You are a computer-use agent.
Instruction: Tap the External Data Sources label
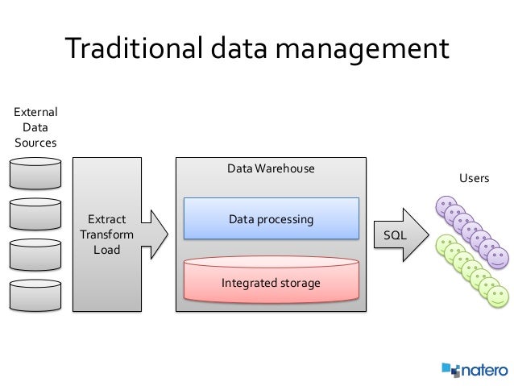(x=35, y=127)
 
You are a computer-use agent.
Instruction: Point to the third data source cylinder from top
(x=35, y=253)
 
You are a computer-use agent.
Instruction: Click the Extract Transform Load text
(x=106, y=235)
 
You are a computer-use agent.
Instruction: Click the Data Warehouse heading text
(x=270, y=169)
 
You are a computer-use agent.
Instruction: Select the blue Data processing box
(x=271, y=219)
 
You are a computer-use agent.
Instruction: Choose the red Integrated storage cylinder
(x=271, y=282)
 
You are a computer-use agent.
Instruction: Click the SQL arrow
(x=398, y=235)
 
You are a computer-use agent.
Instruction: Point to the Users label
(x=474, y=178)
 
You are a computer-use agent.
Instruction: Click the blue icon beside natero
(x=450, y=370)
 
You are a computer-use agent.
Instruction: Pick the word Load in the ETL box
(x=106, y=250)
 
